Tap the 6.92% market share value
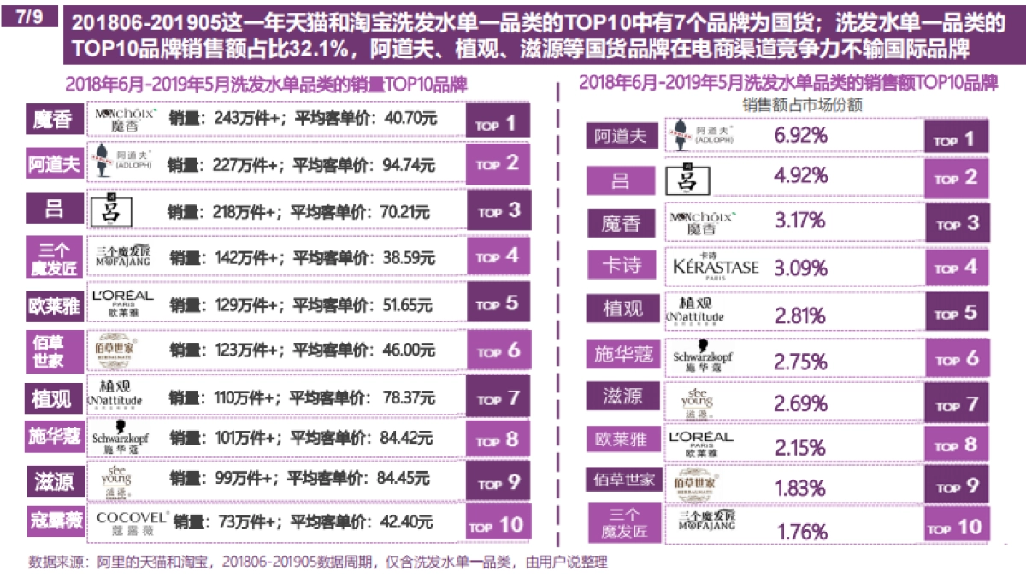coord(800,134)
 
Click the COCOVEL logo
coord(131,521)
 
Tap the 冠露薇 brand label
coord(54,522)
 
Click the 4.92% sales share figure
coord(800,176)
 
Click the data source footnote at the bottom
coord(316,562)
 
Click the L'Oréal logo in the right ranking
coord(700,442)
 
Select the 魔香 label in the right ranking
coord(621,223)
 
